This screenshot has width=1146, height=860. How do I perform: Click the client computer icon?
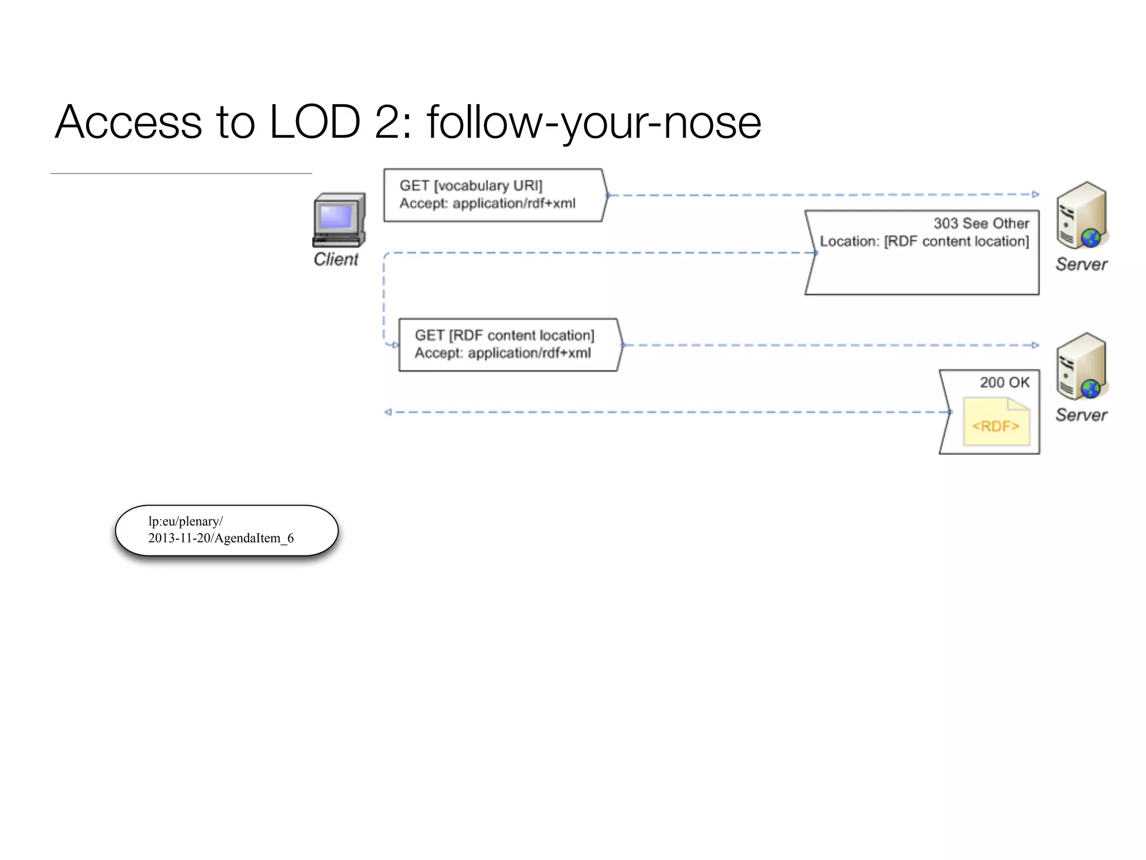(x=339, y=221)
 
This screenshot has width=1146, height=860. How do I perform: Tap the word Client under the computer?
(x=336, y=259)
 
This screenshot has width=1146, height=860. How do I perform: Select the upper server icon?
(x=1082, y=216)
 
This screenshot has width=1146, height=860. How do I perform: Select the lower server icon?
(x=1082, y=367)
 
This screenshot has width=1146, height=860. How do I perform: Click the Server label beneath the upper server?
(x=1081, y=264)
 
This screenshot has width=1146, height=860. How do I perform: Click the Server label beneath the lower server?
(x=1081, y=415)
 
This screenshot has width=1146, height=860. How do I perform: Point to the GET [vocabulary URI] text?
(x=471, y=185)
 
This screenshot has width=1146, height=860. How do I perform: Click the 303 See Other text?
(x=981, y=223)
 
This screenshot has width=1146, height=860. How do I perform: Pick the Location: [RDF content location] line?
(x=924, y=241)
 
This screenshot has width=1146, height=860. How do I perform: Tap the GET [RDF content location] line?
(x=504, y=335)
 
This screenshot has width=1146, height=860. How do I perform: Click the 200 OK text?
(x=1004, y=382)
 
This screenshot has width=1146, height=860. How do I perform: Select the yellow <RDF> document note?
(x=996, y=423)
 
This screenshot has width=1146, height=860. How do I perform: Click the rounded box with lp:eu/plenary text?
(x=227, y=530)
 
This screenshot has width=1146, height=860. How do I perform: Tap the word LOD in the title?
(x=315, y=122)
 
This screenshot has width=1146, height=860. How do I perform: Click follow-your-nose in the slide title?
(x=594, y=122)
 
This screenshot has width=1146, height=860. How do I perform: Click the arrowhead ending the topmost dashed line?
(x=1035, y=194)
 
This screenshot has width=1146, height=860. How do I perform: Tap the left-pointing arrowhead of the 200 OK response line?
(x=388, y=412)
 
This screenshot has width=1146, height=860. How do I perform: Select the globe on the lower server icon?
(x=1091, y=388)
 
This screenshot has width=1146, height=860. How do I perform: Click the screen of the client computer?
(x=336, y=216)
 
